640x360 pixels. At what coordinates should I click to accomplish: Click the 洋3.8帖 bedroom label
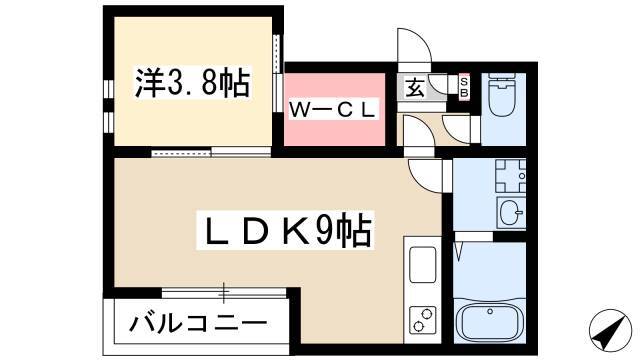[x=192, y=82]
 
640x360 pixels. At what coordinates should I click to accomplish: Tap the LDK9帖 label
[x=285, y=230]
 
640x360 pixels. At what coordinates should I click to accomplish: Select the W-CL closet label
[x=332, y=109]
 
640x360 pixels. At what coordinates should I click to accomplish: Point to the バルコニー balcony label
[x=198, y=323]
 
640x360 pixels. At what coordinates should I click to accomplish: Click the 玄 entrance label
[x=415, y=88]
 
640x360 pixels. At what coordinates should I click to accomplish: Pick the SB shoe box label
[x=464, y=87]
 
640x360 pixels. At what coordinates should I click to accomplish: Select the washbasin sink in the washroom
[x=511, y=212]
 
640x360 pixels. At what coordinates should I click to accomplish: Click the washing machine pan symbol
[x=510, y=176]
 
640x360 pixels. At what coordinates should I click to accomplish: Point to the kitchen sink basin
[x=422, y=264]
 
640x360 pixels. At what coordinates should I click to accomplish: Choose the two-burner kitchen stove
[x=422, y=320]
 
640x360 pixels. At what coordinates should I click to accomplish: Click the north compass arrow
[x=608, y=330]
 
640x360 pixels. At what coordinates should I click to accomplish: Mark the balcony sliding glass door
[x=223, y=293]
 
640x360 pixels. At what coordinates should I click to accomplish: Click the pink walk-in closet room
[x=334, y=109]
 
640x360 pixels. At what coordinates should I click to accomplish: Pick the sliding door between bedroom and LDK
[x=211, y=152]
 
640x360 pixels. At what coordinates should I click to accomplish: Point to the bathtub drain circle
[x=490, y=311]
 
